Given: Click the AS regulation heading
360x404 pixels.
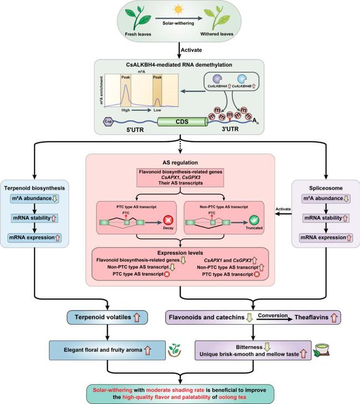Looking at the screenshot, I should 180,161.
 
